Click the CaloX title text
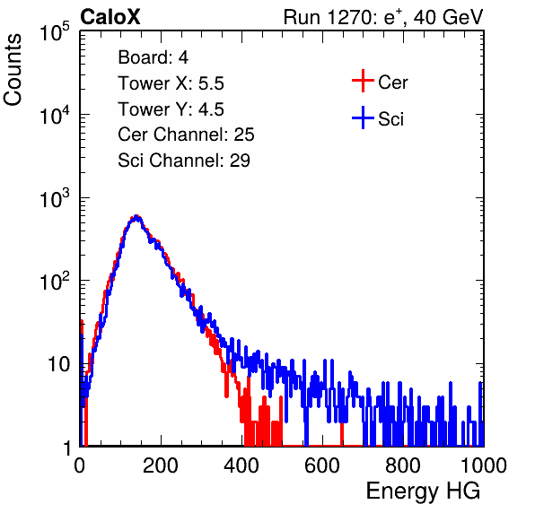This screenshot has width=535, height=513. point(110,17)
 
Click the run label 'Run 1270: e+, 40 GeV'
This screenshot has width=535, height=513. point(383,17)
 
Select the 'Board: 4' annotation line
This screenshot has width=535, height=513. point(153,57)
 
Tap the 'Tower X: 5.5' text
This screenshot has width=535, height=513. point(171,83)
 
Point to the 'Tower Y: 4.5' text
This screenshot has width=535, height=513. point(171,109)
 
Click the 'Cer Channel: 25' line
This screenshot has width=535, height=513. point(186,135)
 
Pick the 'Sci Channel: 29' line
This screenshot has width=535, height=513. point(184,161)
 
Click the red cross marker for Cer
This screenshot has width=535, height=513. point(363,81)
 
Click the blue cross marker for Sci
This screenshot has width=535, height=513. point(363,117)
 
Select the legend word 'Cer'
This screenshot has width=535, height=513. point(392,83)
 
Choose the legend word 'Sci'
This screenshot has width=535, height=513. point(390,119)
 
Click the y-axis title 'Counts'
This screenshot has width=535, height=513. point(13,70)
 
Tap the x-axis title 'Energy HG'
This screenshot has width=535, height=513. point(423,491)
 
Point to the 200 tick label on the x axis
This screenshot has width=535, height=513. point(161,465)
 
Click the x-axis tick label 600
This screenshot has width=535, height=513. point(322,465)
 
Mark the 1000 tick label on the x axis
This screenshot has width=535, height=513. point(483,465)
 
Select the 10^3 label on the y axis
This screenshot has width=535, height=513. point(55,198)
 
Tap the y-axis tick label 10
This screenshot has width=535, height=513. point(58,364)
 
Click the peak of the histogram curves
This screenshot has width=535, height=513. point(136,216)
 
